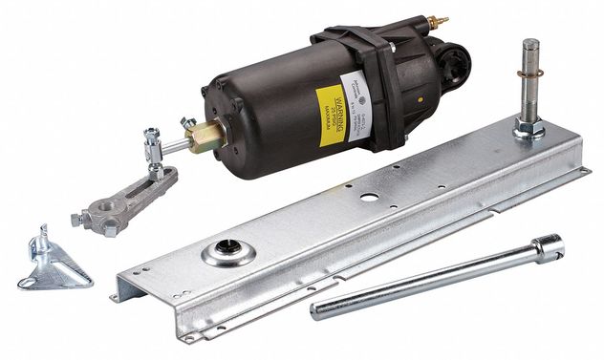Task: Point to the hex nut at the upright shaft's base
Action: (528, 127)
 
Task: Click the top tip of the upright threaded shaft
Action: (531, 45)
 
